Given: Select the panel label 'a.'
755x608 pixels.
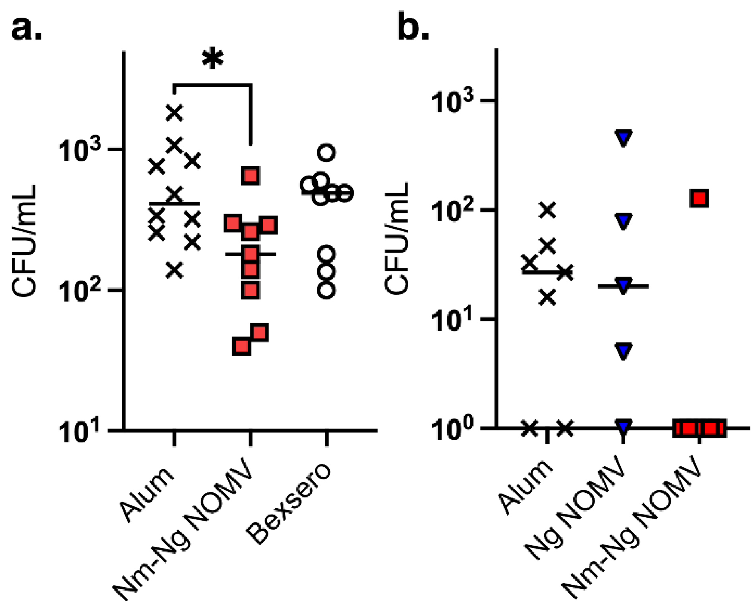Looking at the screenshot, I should click(27, 29).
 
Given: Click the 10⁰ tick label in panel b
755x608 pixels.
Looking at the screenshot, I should click(453, 429).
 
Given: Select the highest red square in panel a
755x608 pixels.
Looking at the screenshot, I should click(251, 176).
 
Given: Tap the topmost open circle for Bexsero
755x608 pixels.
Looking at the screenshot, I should click(327, 152).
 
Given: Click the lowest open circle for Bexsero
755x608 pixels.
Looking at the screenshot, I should click(327, 290).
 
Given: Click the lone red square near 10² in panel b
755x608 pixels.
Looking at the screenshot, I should click(699, 198).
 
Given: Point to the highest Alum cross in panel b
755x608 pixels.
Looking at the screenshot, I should click(548, 210).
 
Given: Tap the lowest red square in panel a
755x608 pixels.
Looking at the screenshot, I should click(242, 346).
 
